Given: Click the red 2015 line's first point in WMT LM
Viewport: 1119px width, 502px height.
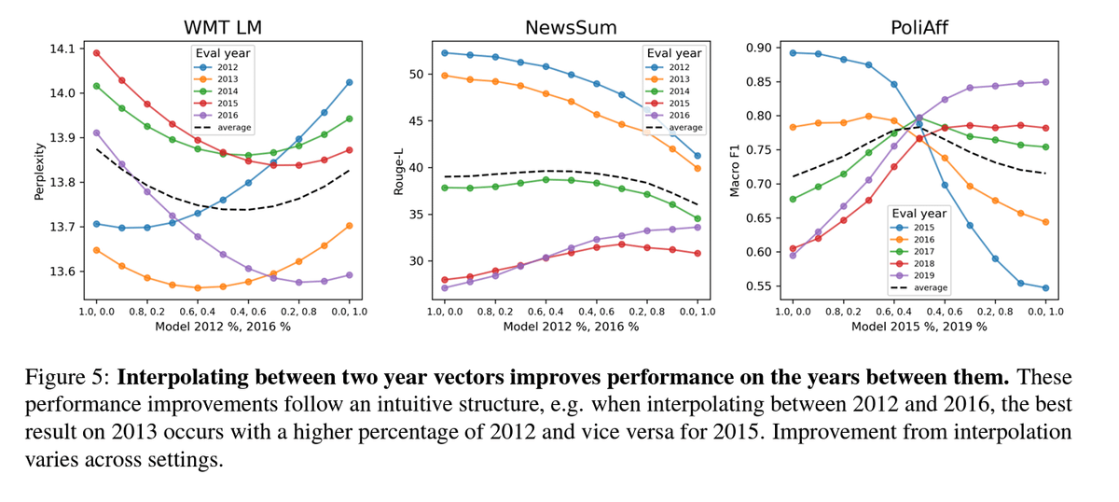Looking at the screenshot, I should (x=96, y=53).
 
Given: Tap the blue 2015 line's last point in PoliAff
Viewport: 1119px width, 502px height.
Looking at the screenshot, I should (x=1044, y=287).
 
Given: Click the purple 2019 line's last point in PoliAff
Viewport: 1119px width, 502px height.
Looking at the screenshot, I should (x=1044, y=82).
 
